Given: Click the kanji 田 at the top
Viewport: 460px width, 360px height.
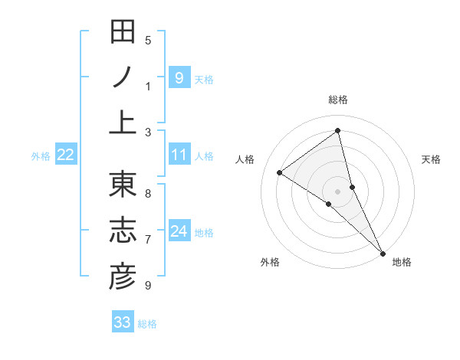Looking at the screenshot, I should [123, 33].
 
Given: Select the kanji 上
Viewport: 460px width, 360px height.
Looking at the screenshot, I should [123, 123].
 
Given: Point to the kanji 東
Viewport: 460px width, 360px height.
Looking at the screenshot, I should [123, 186].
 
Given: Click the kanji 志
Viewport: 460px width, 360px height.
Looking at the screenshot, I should [123, 231].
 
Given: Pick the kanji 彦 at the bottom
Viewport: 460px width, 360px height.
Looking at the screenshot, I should [123, 277].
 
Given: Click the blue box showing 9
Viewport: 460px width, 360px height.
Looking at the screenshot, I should [179, 78].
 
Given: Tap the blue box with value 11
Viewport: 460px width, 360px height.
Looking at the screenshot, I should [179, 155].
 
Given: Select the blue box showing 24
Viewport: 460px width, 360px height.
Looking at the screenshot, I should [179, 232].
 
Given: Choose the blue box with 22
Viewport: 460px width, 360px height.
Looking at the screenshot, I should [66, 155].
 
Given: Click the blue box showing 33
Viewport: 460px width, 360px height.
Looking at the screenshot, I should [123, 322].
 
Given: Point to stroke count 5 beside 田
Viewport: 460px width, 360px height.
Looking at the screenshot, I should [148, 40].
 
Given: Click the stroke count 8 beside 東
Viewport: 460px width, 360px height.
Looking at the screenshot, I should [148, 193].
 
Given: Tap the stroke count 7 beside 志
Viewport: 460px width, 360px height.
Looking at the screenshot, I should [148, 240].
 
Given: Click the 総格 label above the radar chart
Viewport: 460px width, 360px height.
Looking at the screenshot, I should [338, 100].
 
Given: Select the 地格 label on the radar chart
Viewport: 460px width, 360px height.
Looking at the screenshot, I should [402, 262].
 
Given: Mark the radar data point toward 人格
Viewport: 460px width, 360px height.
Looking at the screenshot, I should [280, 172].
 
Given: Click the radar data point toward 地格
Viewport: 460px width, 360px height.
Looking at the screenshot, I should [383, 252].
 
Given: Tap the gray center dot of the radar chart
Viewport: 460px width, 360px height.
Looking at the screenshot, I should [338, 190].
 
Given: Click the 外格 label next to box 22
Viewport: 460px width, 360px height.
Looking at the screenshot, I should [41, 156].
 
